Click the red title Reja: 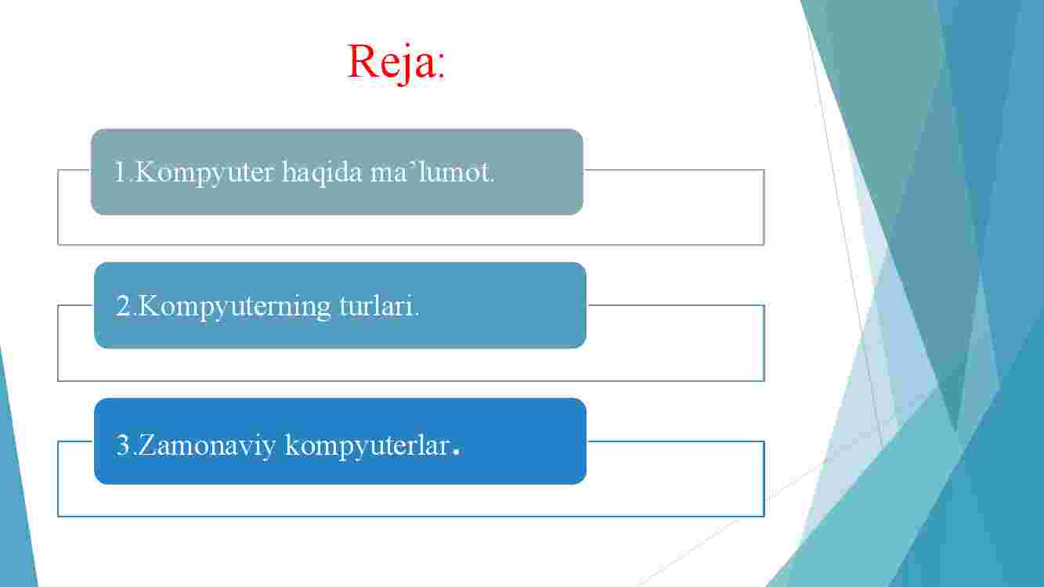pyautogui.click(x=396, y=63)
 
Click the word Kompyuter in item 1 pyautogui.click(x=204, y=173)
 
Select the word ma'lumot pyautogui.click(x=431, y=172)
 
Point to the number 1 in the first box pyautogui.click(x=121, y=171)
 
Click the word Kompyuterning pyautogui.click(x=234, y=307)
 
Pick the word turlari pyautogui.click(x=376, y=306)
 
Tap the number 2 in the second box pyautogui.click(x=124, y=306)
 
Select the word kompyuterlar pyautogui.click(x=367, y=445)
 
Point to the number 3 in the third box pyautogui.click(x=124, y=445)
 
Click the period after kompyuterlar pyautogui.click(x=457, y=452)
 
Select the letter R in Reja pyautogui.click(x=363, y=61)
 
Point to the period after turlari pyautogui.click(x=417, y=315)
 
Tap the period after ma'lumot pyautogui.click(x=492, y=180)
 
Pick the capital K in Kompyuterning pyautogui.click(x=149, y=306)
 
